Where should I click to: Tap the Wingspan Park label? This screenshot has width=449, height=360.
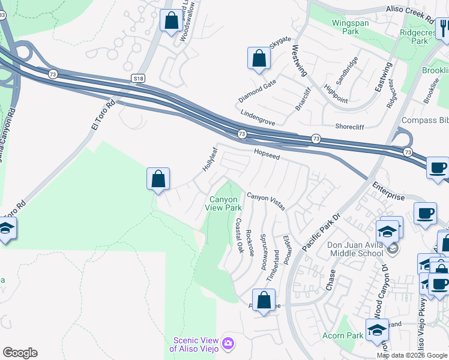coord(351,28)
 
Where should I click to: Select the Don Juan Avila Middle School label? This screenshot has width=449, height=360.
coord(355,249)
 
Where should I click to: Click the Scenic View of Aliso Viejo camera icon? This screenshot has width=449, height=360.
coord(228,343)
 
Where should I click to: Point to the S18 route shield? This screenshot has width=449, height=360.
coord(139,79)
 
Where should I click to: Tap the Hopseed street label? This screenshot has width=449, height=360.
coord(267,154)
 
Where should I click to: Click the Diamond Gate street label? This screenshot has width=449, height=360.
coord(257,91)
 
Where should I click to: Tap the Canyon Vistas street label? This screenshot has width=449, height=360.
coord(266,200)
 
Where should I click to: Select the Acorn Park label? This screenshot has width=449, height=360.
coord(342,335)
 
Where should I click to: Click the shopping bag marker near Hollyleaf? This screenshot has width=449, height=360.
coord(158,178)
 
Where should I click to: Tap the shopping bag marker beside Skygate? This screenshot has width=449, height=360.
coord(259,58)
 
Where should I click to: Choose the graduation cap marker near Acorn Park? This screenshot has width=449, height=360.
coord(377,331)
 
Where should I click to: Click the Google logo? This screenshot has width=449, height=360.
coord(20,353)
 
